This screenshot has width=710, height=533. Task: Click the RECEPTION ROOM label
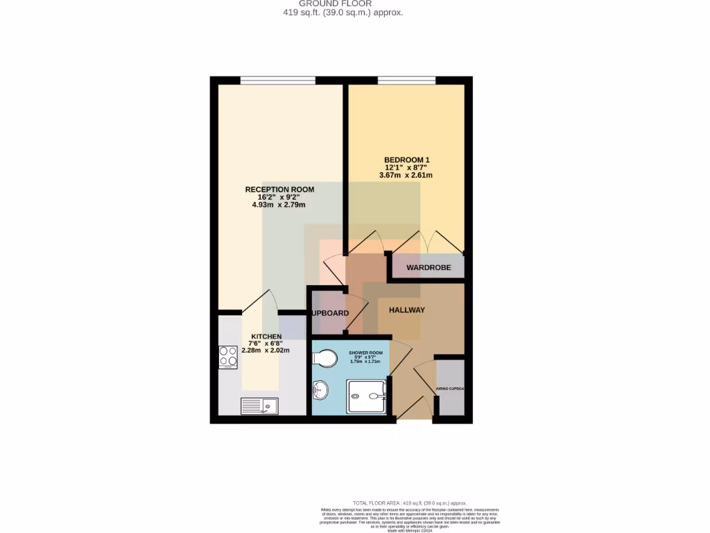(279, 189)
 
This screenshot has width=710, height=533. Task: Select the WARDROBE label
(428, 267)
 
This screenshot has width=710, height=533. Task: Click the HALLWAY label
(406, 310)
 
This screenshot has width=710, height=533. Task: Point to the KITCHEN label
(266, 337)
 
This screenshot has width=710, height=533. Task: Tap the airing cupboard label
(449, 389)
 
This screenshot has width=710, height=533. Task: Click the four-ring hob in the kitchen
(228, 357)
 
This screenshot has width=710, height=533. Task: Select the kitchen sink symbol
(259, 406)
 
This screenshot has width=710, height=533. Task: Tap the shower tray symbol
(367, 396)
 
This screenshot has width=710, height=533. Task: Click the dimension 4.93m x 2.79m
(279, 205)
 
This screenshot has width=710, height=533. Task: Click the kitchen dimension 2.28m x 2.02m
(266, 350)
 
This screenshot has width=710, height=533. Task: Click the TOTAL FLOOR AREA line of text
(409, 503)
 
